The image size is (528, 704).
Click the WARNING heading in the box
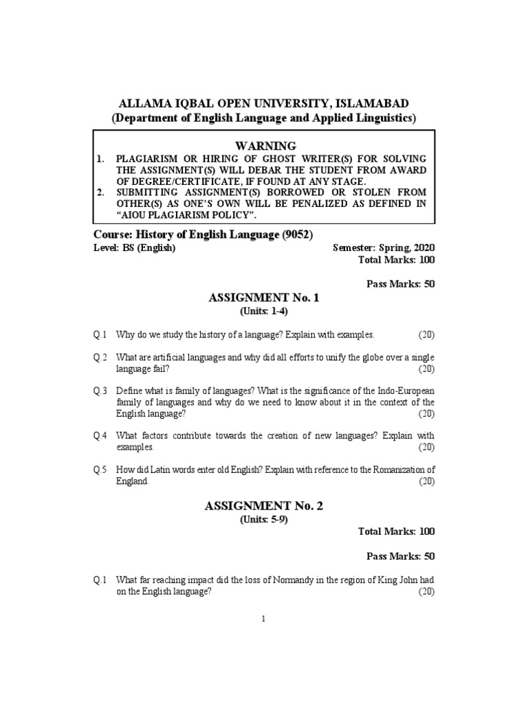265,146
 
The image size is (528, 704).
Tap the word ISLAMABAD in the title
373,103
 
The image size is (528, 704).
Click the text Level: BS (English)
135,247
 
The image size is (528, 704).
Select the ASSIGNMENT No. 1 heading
263,298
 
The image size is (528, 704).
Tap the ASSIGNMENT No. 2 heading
263,505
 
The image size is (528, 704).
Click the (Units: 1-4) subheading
264,311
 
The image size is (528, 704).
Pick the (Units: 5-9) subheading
264,519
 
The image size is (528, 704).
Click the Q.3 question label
101,390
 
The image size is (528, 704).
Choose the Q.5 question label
101,470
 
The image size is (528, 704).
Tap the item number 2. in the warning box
101,192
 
